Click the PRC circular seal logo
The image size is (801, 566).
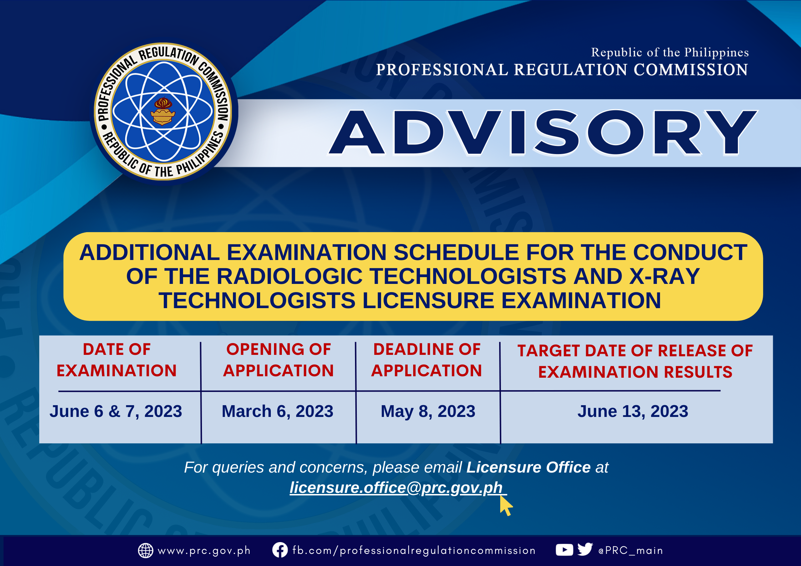tap(163, 112)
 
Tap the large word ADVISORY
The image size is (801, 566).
tap(543, 133)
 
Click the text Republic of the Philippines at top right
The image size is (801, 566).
tap(670, 52)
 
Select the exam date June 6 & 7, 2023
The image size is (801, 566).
tap(116, 411)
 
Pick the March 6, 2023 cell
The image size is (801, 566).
tap(278, 411)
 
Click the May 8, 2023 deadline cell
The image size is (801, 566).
tap(428, 411)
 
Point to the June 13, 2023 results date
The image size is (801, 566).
tap(633, 411)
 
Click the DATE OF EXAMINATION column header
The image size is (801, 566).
tap(117, 360)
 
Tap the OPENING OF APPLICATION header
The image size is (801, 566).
tap(278, 360)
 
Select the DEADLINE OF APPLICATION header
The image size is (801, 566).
tap(427, 360)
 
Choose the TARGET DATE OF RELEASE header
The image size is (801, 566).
tap(635, 361)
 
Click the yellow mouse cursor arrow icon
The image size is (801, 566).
tap(505, 505)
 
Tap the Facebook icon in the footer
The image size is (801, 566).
tap(280, 550)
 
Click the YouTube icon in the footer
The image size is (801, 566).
tap(564, 550)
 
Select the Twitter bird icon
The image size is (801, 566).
tap(585, 550)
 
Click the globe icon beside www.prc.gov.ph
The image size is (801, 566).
tap(146, 550)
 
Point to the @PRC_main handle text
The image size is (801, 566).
tap(631, 551)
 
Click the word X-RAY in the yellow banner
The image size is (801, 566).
tap(665, 276)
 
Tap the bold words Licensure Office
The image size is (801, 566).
tap(528, 467)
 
